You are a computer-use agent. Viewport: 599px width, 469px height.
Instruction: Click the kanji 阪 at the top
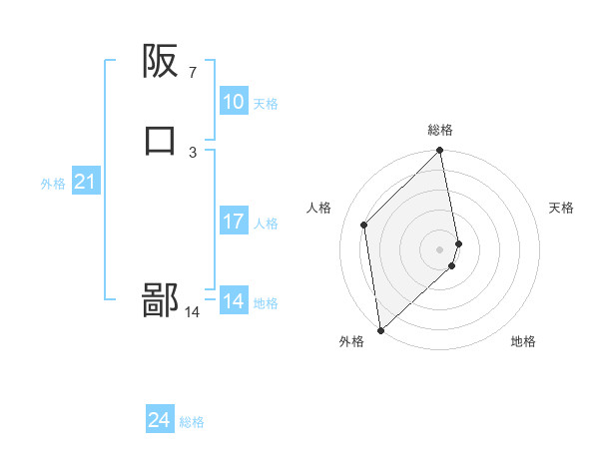point(161,62)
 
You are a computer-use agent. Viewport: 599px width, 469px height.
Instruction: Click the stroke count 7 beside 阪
point(192,72)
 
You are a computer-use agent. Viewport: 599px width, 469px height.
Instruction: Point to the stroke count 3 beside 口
point(192,152)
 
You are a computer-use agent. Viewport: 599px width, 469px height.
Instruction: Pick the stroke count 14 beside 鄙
point(192,312)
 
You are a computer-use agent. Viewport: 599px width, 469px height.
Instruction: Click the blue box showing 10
point(234,102)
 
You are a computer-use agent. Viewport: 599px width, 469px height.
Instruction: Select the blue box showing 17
point(234,222)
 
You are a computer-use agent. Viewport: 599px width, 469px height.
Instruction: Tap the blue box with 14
point(234,301)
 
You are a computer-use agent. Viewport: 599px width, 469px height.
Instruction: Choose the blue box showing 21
point(85,182)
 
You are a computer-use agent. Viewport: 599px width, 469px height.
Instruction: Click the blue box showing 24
point(160,421)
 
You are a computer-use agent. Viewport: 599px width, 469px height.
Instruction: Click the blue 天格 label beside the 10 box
point(266,104)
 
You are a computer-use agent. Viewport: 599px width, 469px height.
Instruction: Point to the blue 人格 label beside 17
point(266,224)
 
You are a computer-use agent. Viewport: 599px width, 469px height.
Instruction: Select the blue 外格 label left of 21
point(53,184)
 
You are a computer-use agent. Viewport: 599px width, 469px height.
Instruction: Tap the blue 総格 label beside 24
point(192,423)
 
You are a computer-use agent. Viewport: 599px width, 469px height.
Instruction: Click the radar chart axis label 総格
point(440,130)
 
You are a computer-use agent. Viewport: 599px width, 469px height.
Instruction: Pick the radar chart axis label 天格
point(561,208)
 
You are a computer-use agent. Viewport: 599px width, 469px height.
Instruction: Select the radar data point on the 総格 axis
point(440,152)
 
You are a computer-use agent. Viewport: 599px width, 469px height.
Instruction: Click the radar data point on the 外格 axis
point(380,330)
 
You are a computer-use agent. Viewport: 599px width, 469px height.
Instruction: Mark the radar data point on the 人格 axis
point(364,225)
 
